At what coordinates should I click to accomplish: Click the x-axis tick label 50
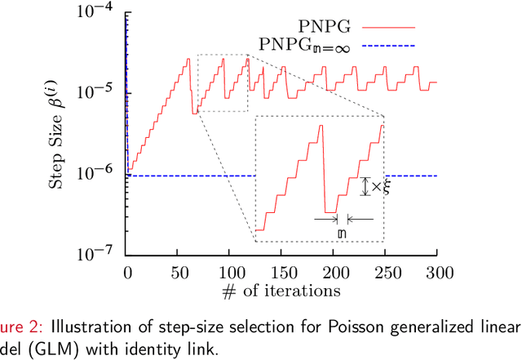pos(178,271)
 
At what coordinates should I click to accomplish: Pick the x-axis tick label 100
pos(230,271)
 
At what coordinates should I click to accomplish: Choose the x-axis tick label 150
pos(282,271)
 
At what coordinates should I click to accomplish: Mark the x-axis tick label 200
pos(334,271)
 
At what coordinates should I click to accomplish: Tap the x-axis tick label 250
pos(386,271)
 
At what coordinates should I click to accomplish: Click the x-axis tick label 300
pos(438,271)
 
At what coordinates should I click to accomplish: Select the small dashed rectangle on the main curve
pos(222,83)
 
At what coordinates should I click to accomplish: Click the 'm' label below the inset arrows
pos(342,234)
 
